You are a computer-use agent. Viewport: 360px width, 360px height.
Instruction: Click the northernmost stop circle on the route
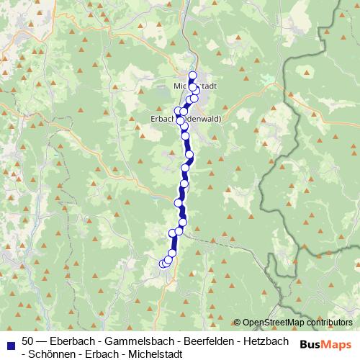click(x=192, y=76)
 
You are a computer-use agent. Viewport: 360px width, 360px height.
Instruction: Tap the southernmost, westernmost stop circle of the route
click(x=163, y=264)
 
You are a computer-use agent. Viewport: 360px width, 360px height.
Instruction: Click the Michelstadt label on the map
click(x=197, y=86)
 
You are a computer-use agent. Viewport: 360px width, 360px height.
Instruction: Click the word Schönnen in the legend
click(x=46, y=354)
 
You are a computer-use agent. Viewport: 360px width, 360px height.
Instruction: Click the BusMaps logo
click(x=324, y=345)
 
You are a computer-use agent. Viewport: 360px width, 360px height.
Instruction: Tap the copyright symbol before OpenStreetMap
click(x=238, y=323)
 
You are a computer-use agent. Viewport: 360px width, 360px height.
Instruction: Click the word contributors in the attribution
click(x=328, y=323)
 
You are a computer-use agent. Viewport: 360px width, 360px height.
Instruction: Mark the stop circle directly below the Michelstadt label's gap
click(x=193, y=89)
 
